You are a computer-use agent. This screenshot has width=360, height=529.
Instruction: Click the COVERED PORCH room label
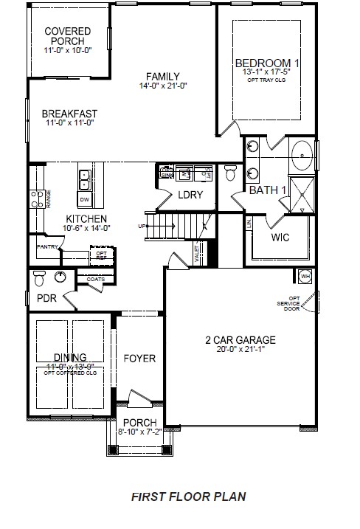click(67, 36)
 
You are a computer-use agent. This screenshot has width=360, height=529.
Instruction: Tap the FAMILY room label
click(162, 76)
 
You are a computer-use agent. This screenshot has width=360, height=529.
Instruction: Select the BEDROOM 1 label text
click(267, 62)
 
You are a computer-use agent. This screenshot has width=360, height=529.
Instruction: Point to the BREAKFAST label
click(69, 114)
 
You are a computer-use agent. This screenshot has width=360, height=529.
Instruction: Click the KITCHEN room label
click(86, 219)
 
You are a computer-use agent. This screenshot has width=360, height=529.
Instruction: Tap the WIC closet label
click(280, 238)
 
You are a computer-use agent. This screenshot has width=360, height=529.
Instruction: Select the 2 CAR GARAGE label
click(240, 340)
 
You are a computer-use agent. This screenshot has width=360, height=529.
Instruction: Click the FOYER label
click(139, 359)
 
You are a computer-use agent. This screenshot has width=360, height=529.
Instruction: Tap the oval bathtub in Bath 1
click(303, 156)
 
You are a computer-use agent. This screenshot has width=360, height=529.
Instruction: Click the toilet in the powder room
click(42, 278)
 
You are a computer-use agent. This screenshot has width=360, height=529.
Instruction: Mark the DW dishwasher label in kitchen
click(84, 200)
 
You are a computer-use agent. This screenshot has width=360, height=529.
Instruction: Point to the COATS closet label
click(94, 280)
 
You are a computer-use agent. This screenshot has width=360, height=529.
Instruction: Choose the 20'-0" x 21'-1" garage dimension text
click(240, 350)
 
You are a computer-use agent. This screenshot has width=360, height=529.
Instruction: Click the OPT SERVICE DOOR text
click(294, 302)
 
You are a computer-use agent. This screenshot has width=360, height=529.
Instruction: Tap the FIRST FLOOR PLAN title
click(188, 497)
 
